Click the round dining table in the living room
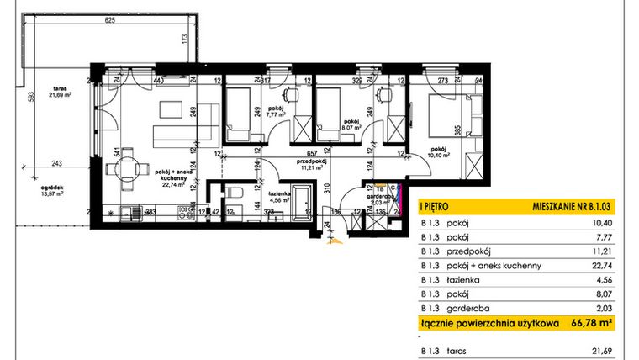[128, 168]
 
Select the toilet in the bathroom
[238, 197]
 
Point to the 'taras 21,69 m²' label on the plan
[60, 91]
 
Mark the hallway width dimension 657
[310, 154]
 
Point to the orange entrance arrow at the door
[335, 241]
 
